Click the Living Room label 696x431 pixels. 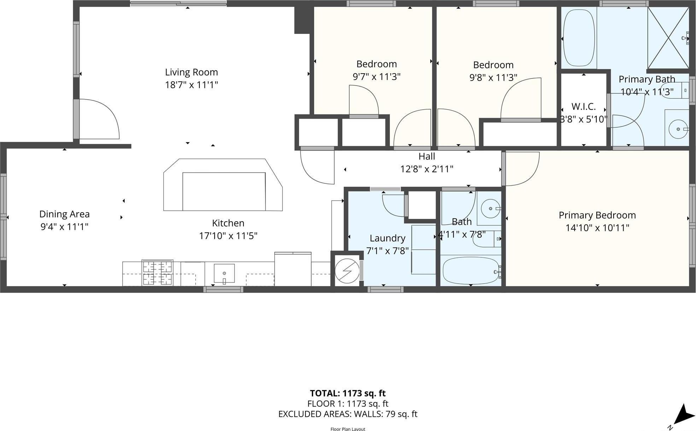(x=191, y=72)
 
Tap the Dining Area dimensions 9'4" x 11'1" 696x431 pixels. (x=64, y=227)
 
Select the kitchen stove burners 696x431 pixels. (x=157, y=273)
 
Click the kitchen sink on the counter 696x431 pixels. (x=224, y=273)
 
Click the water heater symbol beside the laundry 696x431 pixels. (x=347, y=271)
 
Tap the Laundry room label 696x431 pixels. (x=387, y=238)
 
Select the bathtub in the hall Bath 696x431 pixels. (x=471, y=270)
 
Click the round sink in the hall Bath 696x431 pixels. (x=491, y=209)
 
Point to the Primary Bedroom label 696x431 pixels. (x=597, y=215)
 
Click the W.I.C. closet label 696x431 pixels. (x=583, y=106)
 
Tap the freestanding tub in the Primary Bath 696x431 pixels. (x=579, y=38)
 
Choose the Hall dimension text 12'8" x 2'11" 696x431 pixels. (x=426, y=169)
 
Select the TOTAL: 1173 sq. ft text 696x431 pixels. (x=347, y=393)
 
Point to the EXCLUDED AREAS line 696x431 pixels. (x=347, y=414)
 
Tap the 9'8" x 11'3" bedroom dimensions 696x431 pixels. (x=493, y=77)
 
